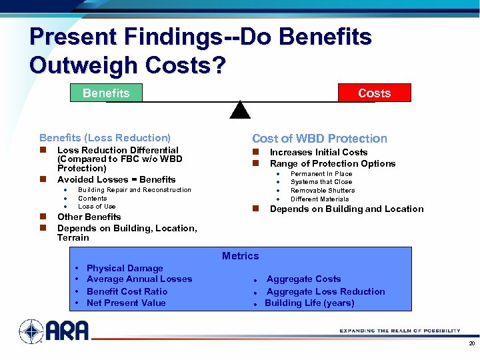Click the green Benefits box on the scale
coord(106,93)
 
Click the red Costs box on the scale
coord(374,93)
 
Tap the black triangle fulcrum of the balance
coord(240,110)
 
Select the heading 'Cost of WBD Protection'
coord(319,139)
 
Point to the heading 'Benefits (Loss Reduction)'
coord(105,137)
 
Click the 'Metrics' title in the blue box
coord(240,256)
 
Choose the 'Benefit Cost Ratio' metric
coord(127,291)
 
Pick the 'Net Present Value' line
coord(126,303)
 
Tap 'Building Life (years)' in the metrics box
coord(309,303)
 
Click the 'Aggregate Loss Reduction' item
coord(325,291)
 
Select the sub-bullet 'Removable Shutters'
coord(323,191)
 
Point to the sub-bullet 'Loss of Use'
coord(97,207)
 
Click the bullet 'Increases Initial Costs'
coord(318,152)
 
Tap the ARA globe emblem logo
coord(31,331)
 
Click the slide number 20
coord(471,344)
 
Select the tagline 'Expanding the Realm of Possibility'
coord(400,331)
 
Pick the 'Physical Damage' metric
coord(125,268)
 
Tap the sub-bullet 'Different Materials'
coord(319,199)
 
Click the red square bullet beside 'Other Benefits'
coord(42,217)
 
